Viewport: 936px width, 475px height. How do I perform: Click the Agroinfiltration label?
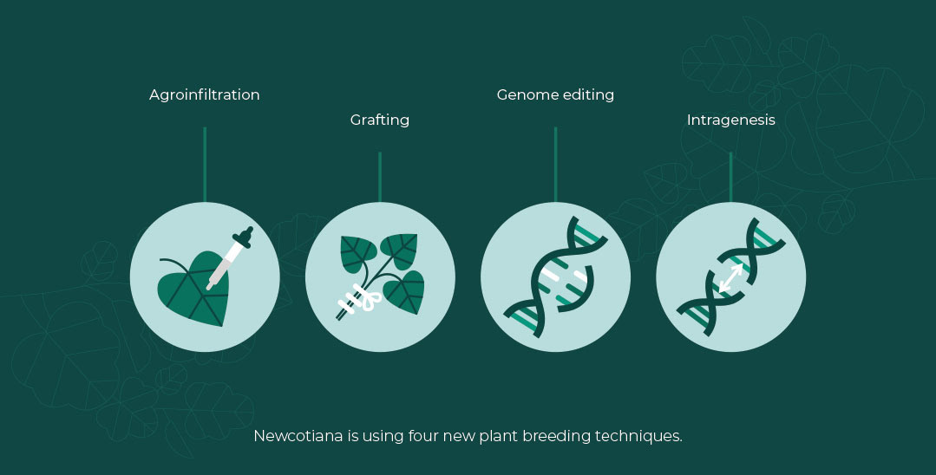point(204,94)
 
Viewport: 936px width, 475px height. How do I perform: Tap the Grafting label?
point(380,120)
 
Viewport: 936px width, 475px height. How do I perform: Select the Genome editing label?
point(555,94)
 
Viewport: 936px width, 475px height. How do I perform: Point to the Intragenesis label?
point(730,120)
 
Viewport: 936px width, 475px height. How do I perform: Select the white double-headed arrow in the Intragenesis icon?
point(730,277)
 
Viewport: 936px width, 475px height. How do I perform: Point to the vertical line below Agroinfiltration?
point(205,165)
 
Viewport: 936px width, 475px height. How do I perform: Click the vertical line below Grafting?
point(380,177)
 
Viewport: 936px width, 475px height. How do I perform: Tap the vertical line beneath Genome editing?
point(555,165)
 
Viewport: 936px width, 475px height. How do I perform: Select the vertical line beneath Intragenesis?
point(730,177)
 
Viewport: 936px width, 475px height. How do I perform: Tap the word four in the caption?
point(422,436)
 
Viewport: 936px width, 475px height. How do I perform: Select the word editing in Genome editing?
point(588,94)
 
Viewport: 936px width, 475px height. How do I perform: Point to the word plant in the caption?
point(499,436)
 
